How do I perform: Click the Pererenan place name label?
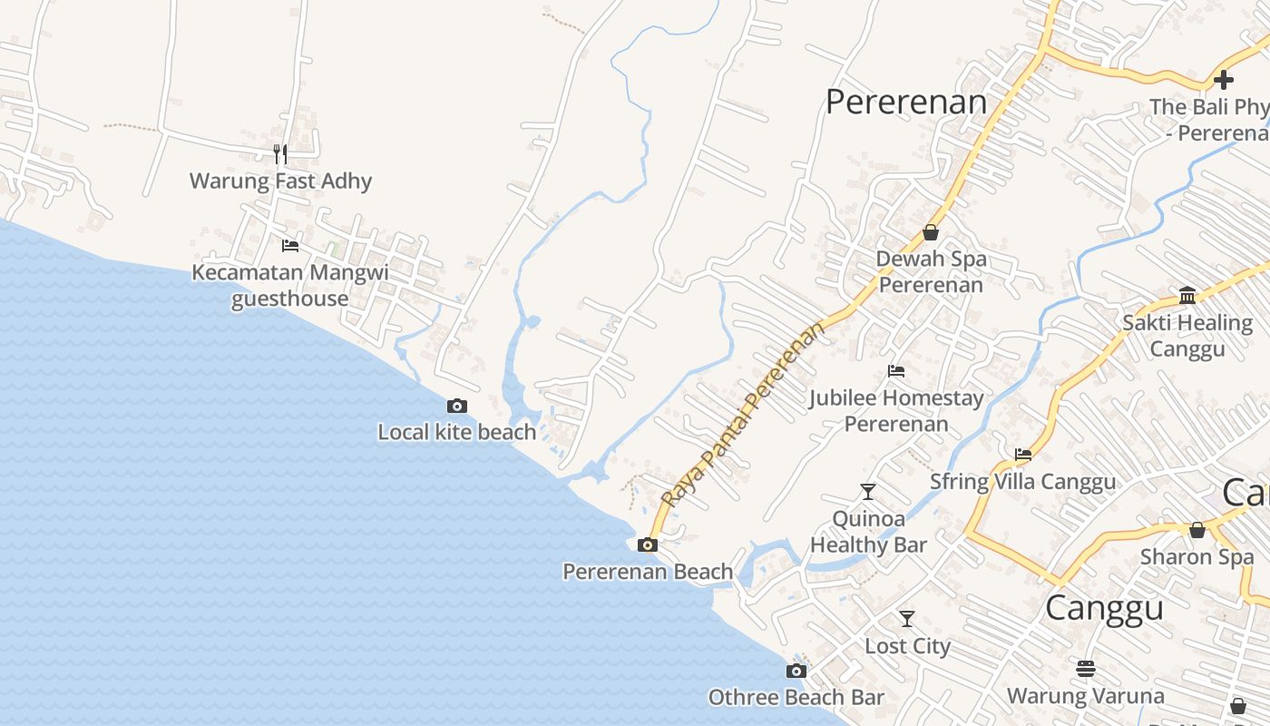pyautogui.click(x=905, y=102)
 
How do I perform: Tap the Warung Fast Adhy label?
pyautogui.click(x=280, y=181)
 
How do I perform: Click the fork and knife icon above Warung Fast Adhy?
pyautogui.click(x=280, y=153)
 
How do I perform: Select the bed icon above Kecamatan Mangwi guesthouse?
pyautogui.click(x=290, y=245)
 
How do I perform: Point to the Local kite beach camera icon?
pyautogui.click(x=457, y=406)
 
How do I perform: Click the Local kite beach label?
pyautogui.click(x=457, y=432)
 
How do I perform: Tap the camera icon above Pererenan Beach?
pyautogui.click(x=648, y=544)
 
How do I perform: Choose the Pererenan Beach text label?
pyautogui.click(x=648, y=572)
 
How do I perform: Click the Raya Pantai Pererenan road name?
pyautogui.click(x=745, y=414)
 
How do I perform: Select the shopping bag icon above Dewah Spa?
pyautogui.click(x=931, y=232)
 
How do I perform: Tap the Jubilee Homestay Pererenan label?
pyautogui.click(x=896, y=410)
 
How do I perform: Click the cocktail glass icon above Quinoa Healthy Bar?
pyautogui.click(x=868, y=492)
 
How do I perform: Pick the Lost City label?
pyautogui.click(x=907, y=646)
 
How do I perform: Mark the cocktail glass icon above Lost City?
pyautogui.click(x=907, y=619)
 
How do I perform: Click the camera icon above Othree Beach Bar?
pyautogui.click(x=796, y=671)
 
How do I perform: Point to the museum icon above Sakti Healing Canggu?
pyautogui.click(x=1187, y=295)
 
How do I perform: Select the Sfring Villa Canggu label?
pyautogui.click(x=1022, y=481)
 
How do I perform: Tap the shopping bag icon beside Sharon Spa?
pyautogui.click(x=1197, y=530)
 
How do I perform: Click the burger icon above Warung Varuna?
pyautogui.click(x=1086, y=669)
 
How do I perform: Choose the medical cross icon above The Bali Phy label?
pyautogui.click(x=1224, y=79)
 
